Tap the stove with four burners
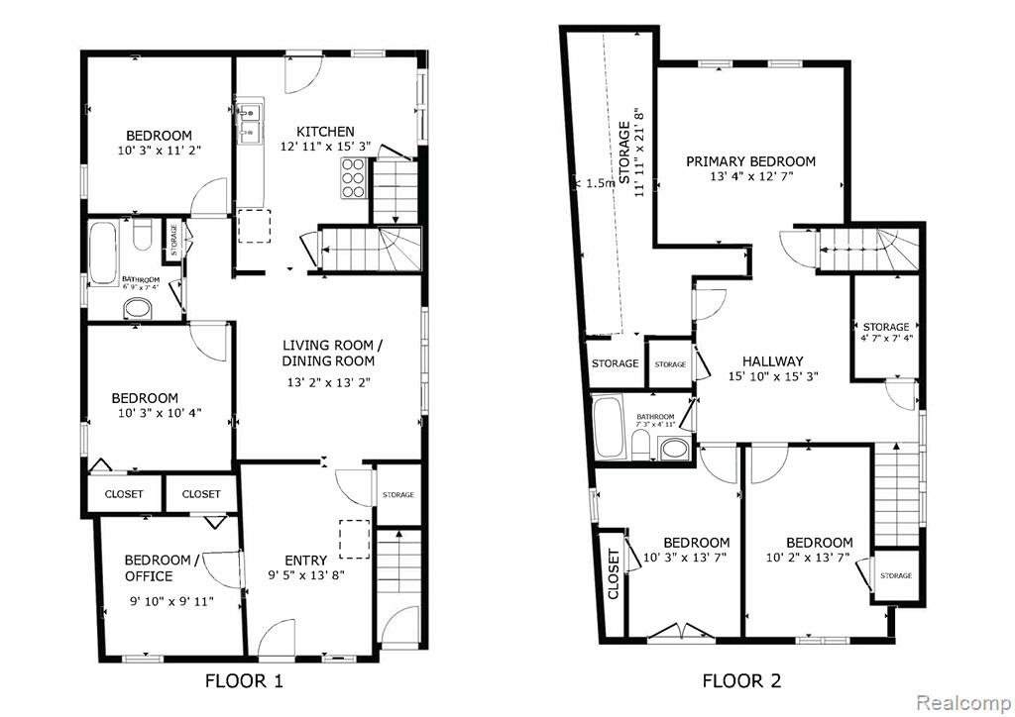[354, 177]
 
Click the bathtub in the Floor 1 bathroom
[103, 254]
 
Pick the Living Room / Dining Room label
[329, 353]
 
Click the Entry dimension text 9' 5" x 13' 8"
[306, 574]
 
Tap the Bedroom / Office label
[158, 567]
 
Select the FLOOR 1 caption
[244, 680]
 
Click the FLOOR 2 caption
[741, 680]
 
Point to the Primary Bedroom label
[751, 161]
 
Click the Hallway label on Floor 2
[772, 361]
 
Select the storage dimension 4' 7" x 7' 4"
[886, 338]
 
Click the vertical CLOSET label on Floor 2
[614, 574]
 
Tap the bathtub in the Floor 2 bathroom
[608, 427]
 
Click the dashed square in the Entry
[355, 539]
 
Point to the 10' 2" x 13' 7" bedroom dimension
[808, 558]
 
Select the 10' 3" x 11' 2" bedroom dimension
[160, 151]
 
